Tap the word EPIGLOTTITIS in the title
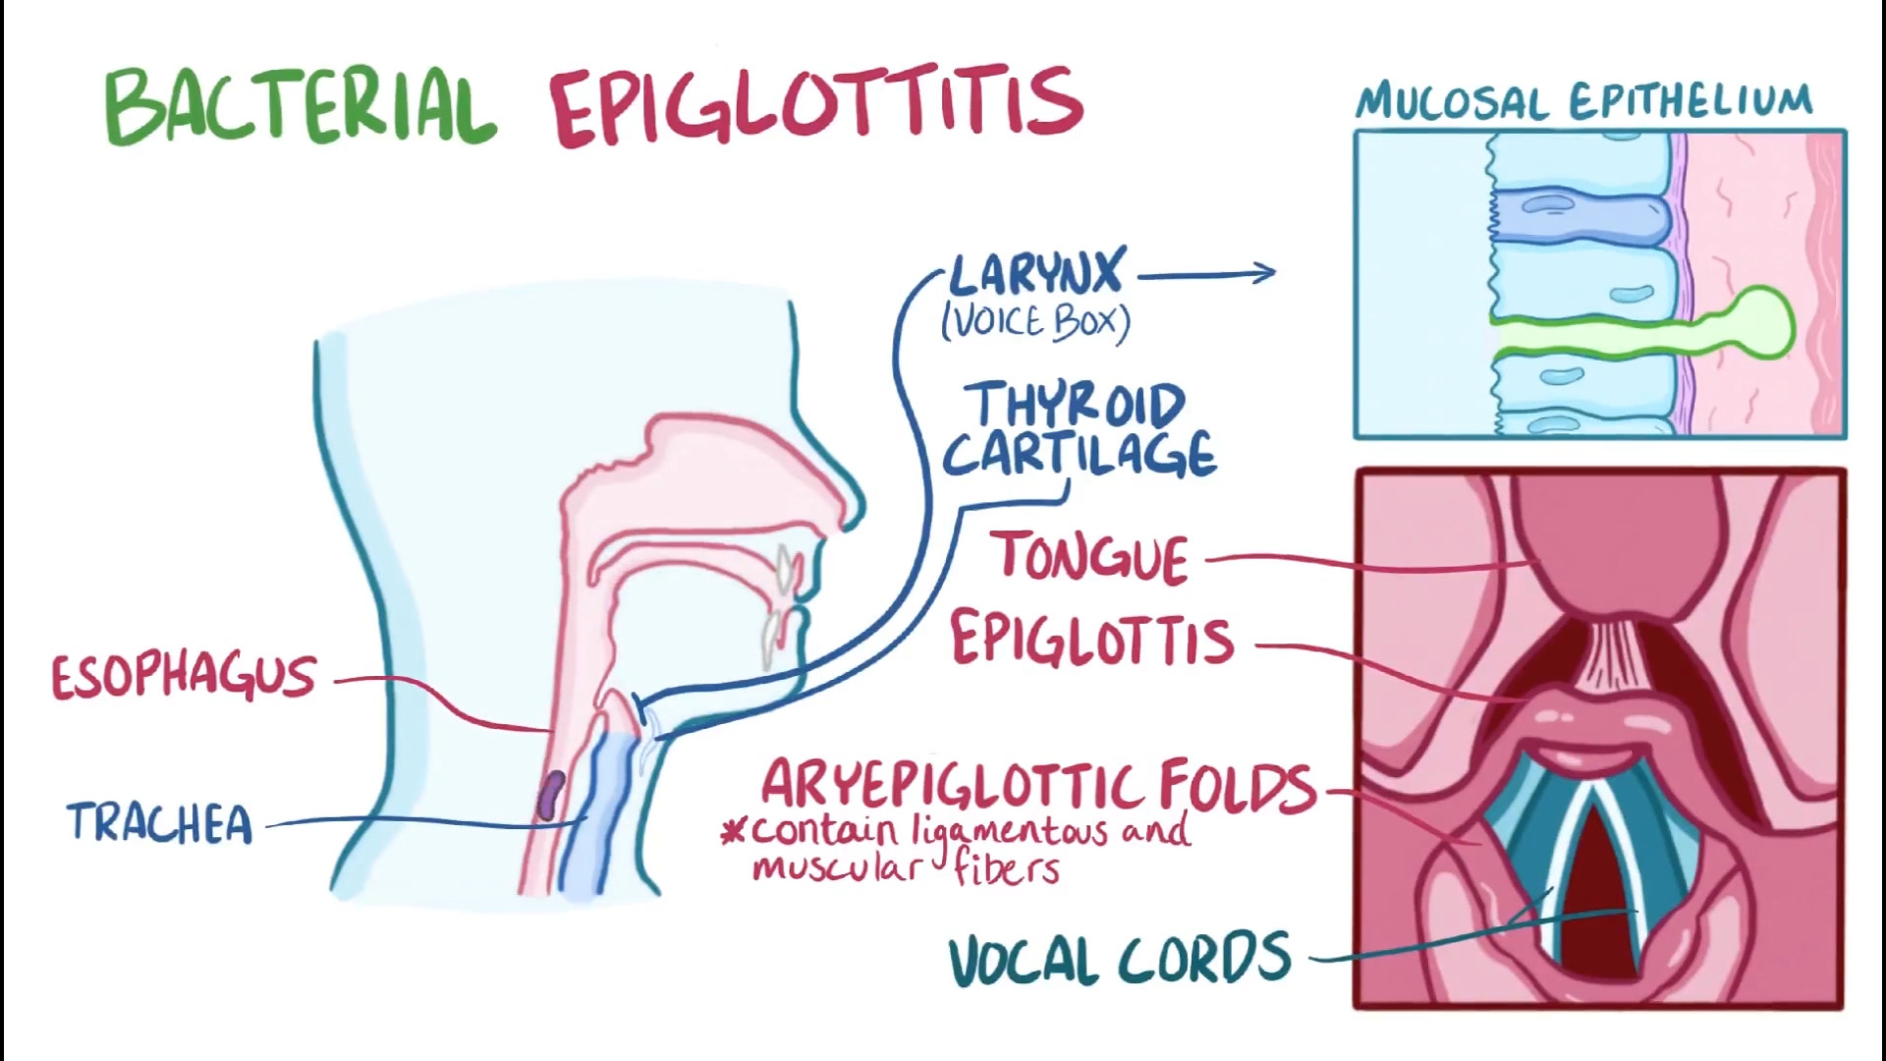pyautogui.click(x=815, y=106)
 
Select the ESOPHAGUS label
pyautogui.click(x=184, y=677)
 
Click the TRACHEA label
pyautogui.click(x=160, y=823)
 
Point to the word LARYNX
pyautogui.click(x=1035, y=272)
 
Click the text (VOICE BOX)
pyautogui.click(x=1035, y=322)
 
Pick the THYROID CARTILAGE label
pyautogui.click(x=1079, y=430)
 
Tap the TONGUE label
pyautogui.click(x=1093, y=557)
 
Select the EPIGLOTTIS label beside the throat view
pyautogui.click(x=1091, y=640)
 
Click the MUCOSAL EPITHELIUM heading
pyautogui.click(x=1583, y=102)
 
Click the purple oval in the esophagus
pyautogui.click(x=552, y=794)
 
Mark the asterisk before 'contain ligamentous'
pyautogui.click(x=733, y=834)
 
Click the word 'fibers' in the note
pyautogui.click(x=1006, y=868)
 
